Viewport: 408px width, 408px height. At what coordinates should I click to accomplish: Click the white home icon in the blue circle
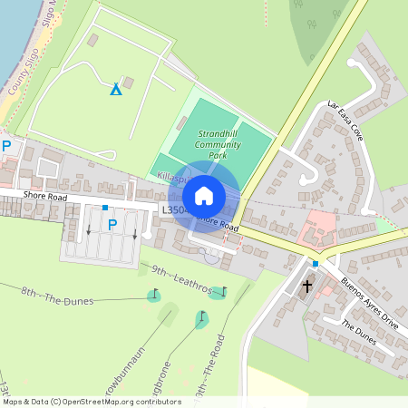click(x=204, y=196)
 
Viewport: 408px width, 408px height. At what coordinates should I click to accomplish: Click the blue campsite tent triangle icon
click(x=115, y=89)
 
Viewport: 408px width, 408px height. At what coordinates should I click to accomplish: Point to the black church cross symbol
click(x=306, y=287)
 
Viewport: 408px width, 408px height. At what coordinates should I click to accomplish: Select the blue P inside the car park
click(x=112, y=224)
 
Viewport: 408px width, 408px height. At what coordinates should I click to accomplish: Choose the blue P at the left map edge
click(x=7, y=146)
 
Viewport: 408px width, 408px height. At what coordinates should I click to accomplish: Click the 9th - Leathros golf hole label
click(x=181, y=279)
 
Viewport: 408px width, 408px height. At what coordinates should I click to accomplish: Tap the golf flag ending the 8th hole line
click(x=152, y=295)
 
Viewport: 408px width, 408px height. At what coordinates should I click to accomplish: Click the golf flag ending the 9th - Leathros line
click(x=223, y=291)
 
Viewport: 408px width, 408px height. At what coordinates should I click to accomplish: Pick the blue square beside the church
click(x=315, y=263)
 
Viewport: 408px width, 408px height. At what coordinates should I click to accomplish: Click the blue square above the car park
click(x=106, y=209)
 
